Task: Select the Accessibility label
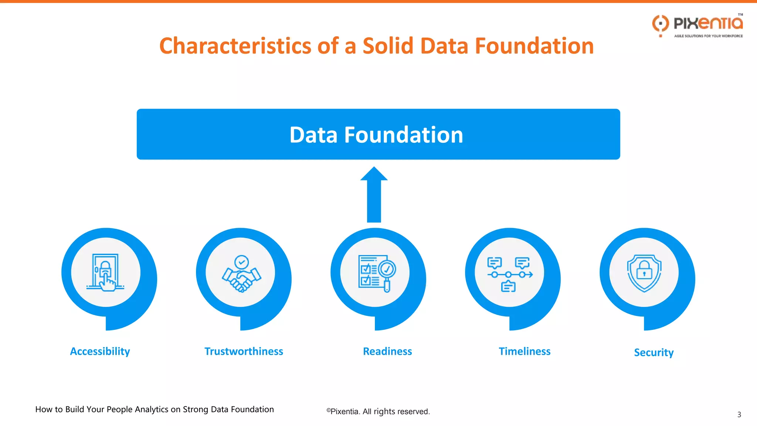100,351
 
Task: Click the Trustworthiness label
244,351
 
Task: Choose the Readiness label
387,351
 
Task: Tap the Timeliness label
524,351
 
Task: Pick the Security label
654,352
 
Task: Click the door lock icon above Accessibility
105,273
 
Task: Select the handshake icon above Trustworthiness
241,274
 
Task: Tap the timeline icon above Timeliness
510,274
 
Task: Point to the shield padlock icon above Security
644,273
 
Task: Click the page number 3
739,415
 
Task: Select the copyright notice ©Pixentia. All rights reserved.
378,412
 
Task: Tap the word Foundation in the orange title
534,46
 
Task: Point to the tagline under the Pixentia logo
708,36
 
